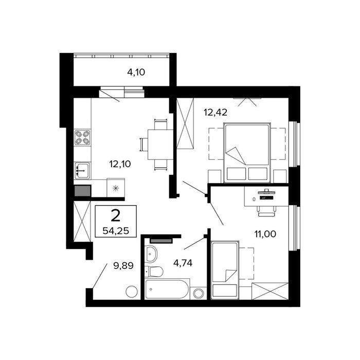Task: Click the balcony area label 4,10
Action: click(136, 73)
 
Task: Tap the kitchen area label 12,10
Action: click(120, 164)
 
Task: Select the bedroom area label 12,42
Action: click(215, 112)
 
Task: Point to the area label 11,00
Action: click(265, 234)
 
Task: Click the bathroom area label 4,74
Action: click(183, 263)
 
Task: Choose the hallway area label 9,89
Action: click(123, 266)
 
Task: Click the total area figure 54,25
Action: click(116, 231)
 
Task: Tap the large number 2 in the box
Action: click(116, 216)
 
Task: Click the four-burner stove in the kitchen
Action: click(82, 137)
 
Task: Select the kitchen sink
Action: click(82, 170)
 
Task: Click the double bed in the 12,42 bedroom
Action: click(247, 153)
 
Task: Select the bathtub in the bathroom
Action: click(167, 289)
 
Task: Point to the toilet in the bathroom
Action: click(154, 272)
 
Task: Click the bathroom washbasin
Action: click(151, 254)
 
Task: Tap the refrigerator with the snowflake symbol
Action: click(116, 188)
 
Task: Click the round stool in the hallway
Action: click(132, 292)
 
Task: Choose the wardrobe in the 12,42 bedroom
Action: click(185, 123)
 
